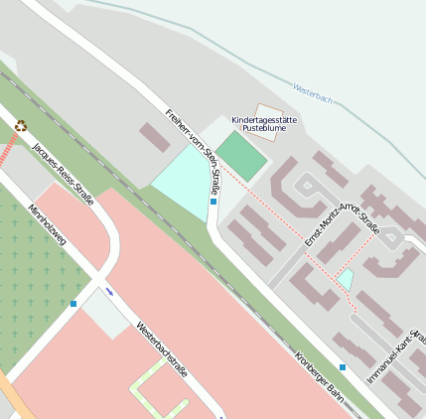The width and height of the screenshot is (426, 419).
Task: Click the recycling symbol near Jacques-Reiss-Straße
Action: (x=21, y=126)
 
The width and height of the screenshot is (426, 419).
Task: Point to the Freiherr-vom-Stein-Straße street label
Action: (x=194, y=149)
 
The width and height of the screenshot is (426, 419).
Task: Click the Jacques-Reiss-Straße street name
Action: (x=63, y=174)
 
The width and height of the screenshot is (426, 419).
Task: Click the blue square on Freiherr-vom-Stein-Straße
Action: (x=213, y=202)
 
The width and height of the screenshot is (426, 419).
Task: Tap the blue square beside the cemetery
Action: (x=73, y=304)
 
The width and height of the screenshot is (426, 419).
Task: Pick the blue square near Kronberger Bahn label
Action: (x=343, y=367)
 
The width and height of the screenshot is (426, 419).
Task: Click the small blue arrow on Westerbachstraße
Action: (x=109, y=292)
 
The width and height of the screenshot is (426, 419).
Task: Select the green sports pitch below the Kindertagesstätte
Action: (x=241, y=155)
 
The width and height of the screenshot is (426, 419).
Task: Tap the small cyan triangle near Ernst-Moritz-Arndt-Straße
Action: (x=346, y=279)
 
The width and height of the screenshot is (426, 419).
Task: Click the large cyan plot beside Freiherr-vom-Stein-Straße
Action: (x=182, y=185)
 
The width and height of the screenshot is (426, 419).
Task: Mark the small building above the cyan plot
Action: (x=155, y=137)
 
